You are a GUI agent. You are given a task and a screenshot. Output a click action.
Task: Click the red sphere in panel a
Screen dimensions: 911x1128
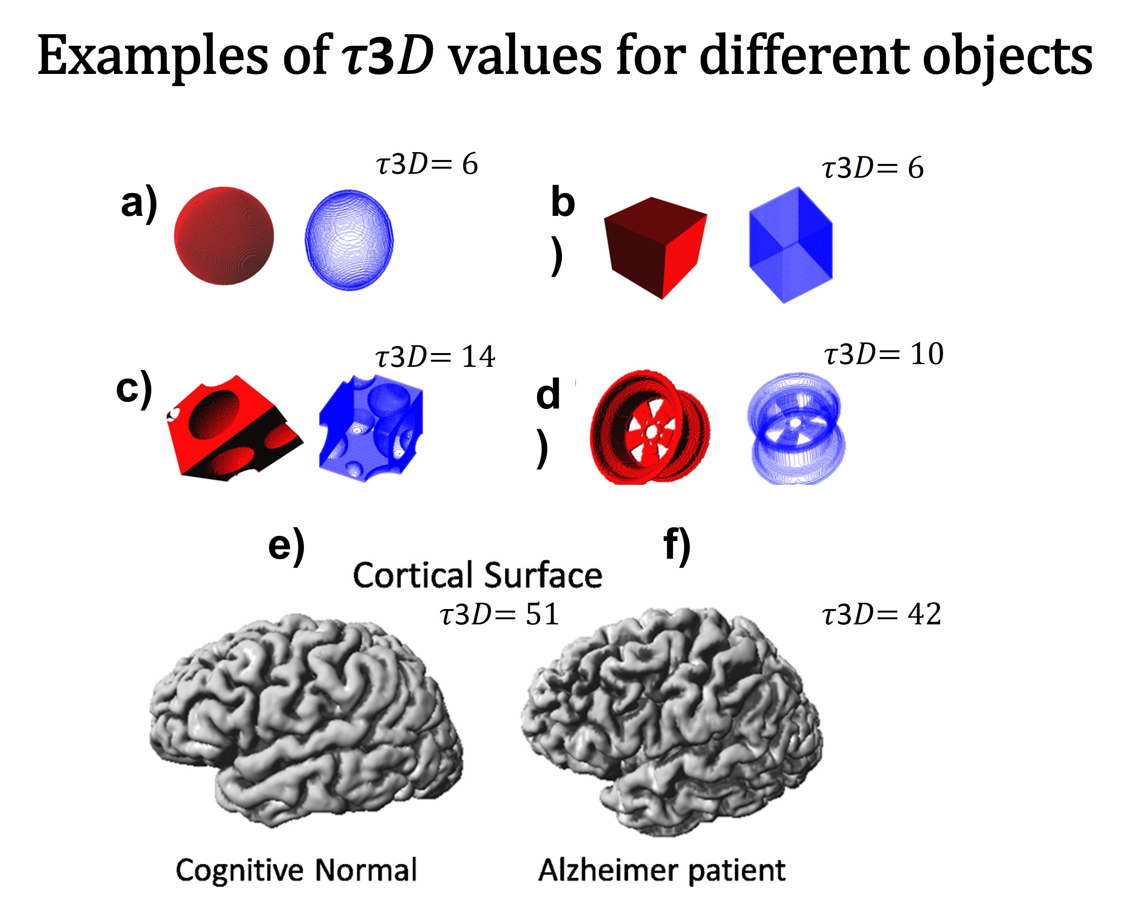[x=224, y=236]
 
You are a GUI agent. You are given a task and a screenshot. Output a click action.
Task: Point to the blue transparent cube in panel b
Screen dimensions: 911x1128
[x=791, y=245]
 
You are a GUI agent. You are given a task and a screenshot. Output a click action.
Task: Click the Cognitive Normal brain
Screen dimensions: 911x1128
[x=307, y=719]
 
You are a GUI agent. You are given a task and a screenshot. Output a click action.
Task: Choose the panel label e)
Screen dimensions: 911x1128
[x=287, y=546]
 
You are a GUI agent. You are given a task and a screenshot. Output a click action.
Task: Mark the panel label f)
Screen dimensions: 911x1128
[x=677, y=546]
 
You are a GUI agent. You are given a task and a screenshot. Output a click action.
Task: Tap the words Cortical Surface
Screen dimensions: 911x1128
[x=477, y=575]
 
